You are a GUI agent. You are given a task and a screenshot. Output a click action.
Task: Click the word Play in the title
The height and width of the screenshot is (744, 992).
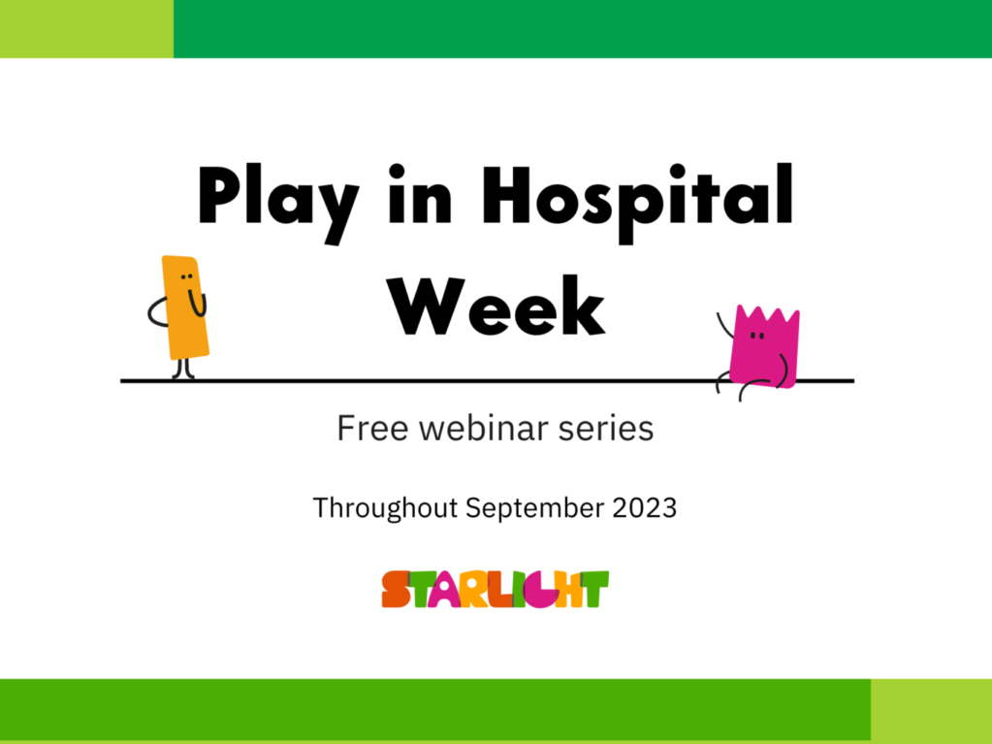(278, 204)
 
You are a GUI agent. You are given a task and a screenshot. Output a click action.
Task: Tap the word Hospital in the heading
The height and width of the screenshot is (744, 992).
(637, 203)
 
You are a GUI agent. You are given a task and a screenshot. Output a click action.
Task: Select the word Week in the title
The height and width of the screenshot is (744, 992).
(496, 306)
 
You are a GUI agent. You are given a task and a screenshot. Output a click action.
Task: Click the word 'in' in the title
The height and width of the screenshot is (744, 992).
(420, 194)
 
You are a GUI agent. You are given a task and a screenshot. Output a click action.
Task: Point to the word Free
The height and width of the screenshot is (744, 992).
(372, 429)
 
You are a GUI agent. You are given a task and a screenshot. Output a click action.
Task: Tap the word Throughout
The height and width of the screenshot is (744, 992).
(385, 508)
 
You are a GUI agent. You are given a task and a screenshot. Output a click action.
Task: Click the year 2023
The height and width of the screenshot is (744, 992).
(644, 508)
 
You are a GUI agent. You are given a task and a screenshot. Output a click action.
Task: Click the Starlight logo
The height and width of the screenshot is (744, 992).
(496, 589)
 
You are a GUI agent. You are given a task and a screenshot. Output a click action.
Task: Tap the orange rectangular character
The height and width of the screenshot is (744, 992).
(184, 307)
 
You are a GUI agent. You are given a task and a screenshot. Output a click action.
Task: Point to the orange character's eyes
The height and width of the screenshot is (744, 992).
(186, 277)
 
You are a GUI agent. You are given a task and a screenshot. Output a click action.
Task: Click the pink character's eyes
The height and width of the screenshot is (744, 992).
(756, 336)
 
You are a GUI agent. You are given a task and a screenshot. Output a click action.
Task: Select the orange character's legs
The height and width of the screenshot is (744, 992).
(183, 369)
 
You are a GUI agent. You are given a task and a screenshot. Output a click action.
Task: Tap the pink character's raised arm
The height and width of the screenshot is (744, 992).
(724, 325)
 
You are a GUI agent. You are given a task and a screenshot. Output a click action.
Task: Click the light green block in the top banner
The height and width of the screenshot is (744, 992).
(86, 29)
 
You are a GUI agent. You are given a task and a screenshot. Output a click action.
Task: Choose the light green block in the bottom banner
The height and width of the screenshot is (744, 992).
(931, 711)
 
